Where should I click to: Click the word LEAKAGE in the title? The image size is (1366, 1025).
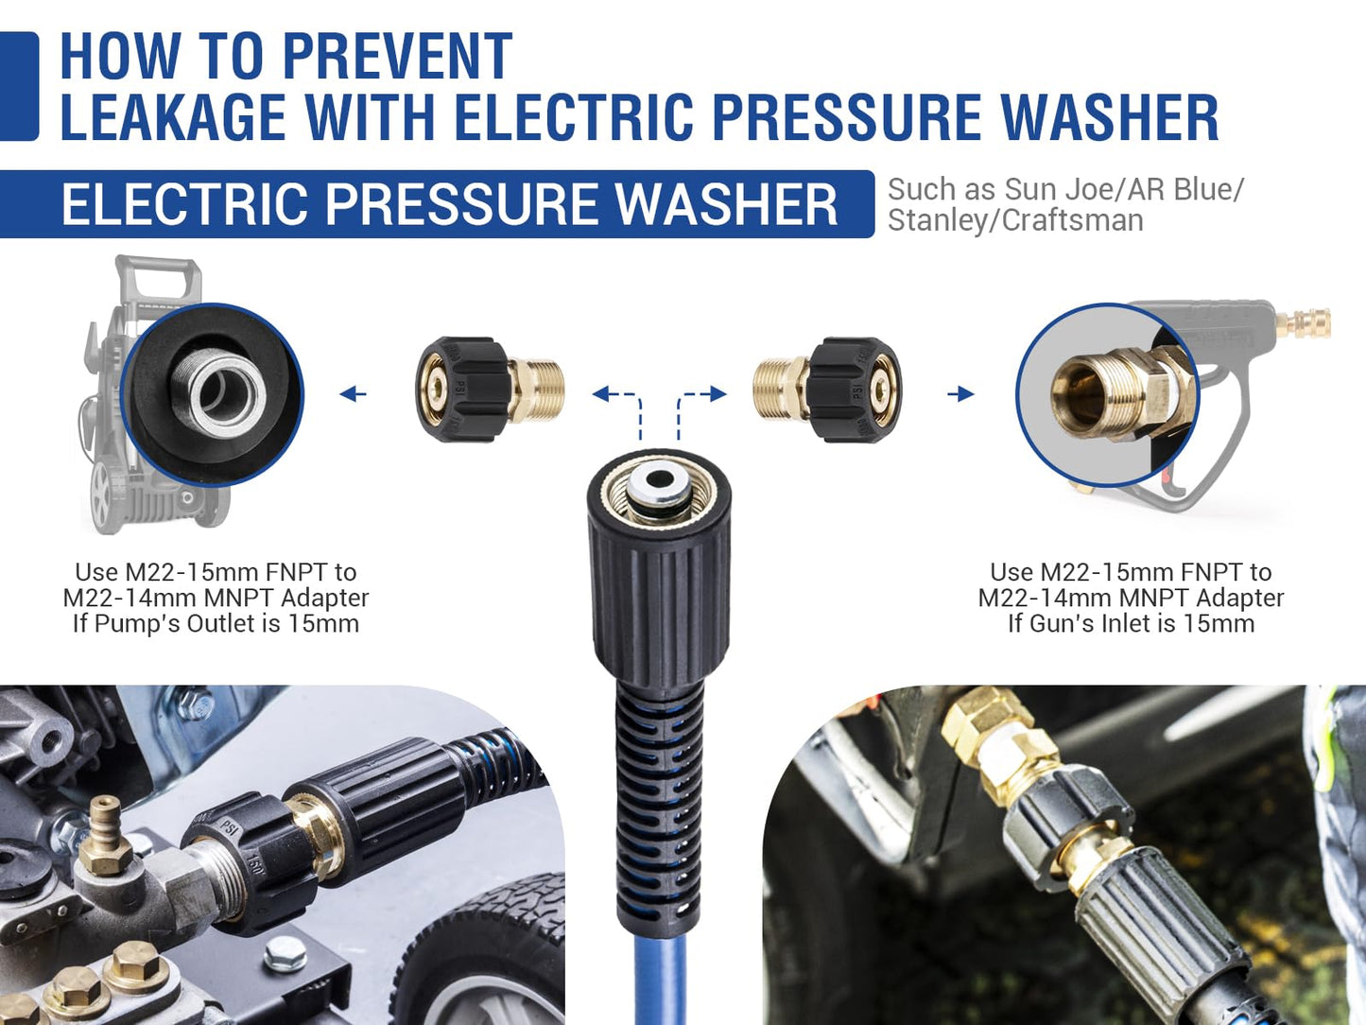point(173,117)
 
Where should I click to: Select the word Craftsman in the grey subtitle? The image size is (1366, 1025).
point(1073,221)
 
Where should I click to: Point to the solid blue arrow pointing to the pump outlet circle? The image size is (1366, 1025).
point(353,393)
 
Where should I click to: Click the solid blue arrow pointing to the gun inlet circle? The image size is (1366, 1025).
point(960,393)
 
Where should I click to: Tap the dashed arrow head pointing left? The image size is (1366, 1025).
point(600,393)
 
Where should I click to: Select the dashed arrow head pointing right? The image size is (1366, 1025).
point(718,393)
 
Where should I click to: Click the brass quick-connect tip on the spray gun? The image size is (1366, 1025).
point(1303,323)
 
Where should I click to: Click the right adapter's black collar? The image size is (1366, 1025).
point(856,390)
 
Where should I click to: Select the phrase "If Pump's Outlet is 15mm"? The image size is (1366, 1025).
point(216,623)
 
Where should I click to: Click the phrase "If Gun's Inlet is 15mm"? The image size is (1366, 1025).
point(1131,623)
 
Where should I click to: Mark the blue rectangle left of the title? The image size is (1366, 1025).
point(19,86)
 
